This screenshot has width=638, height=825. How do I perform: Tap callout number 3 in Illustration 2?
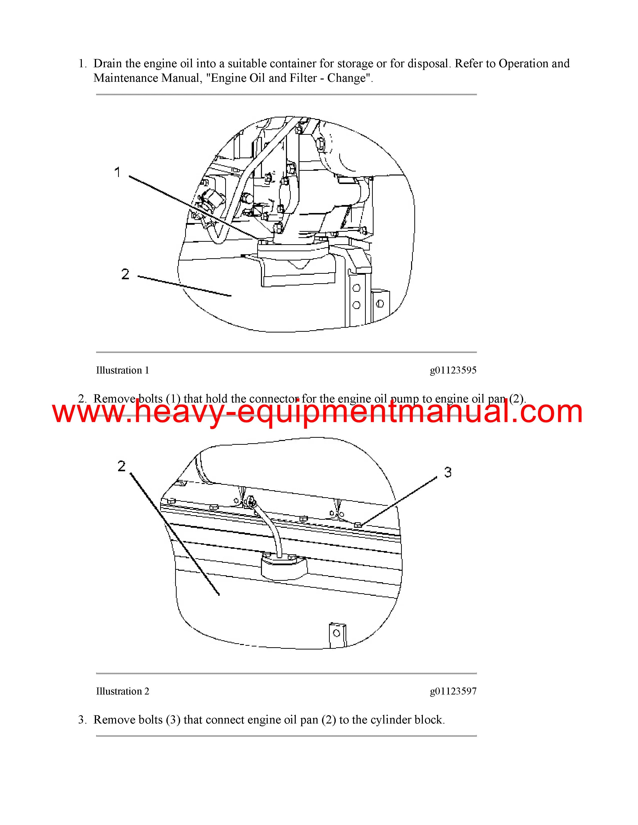[x=448, y=472]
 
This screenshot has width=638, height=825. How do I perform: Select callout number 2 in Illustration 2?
[x=121, y=466]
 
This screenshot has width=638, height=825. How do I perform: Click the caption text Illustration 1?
[x=122, y=370]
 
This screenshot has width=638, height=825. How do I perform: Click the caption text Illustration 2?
[x=122, y=691]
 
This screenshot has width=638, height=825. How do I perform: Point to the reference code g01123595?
[x=453, y=370]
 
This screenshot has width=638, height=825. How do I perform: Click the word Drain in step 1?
[x=108, y=63]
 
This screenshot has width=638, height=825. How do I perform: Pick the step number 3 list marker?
[x=82, y=720]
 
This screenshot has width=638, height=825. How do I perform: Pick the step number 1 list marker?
[x=82, y=64]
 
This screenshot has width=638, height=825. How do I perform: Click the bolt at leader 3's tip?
[x=358, y=524]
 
